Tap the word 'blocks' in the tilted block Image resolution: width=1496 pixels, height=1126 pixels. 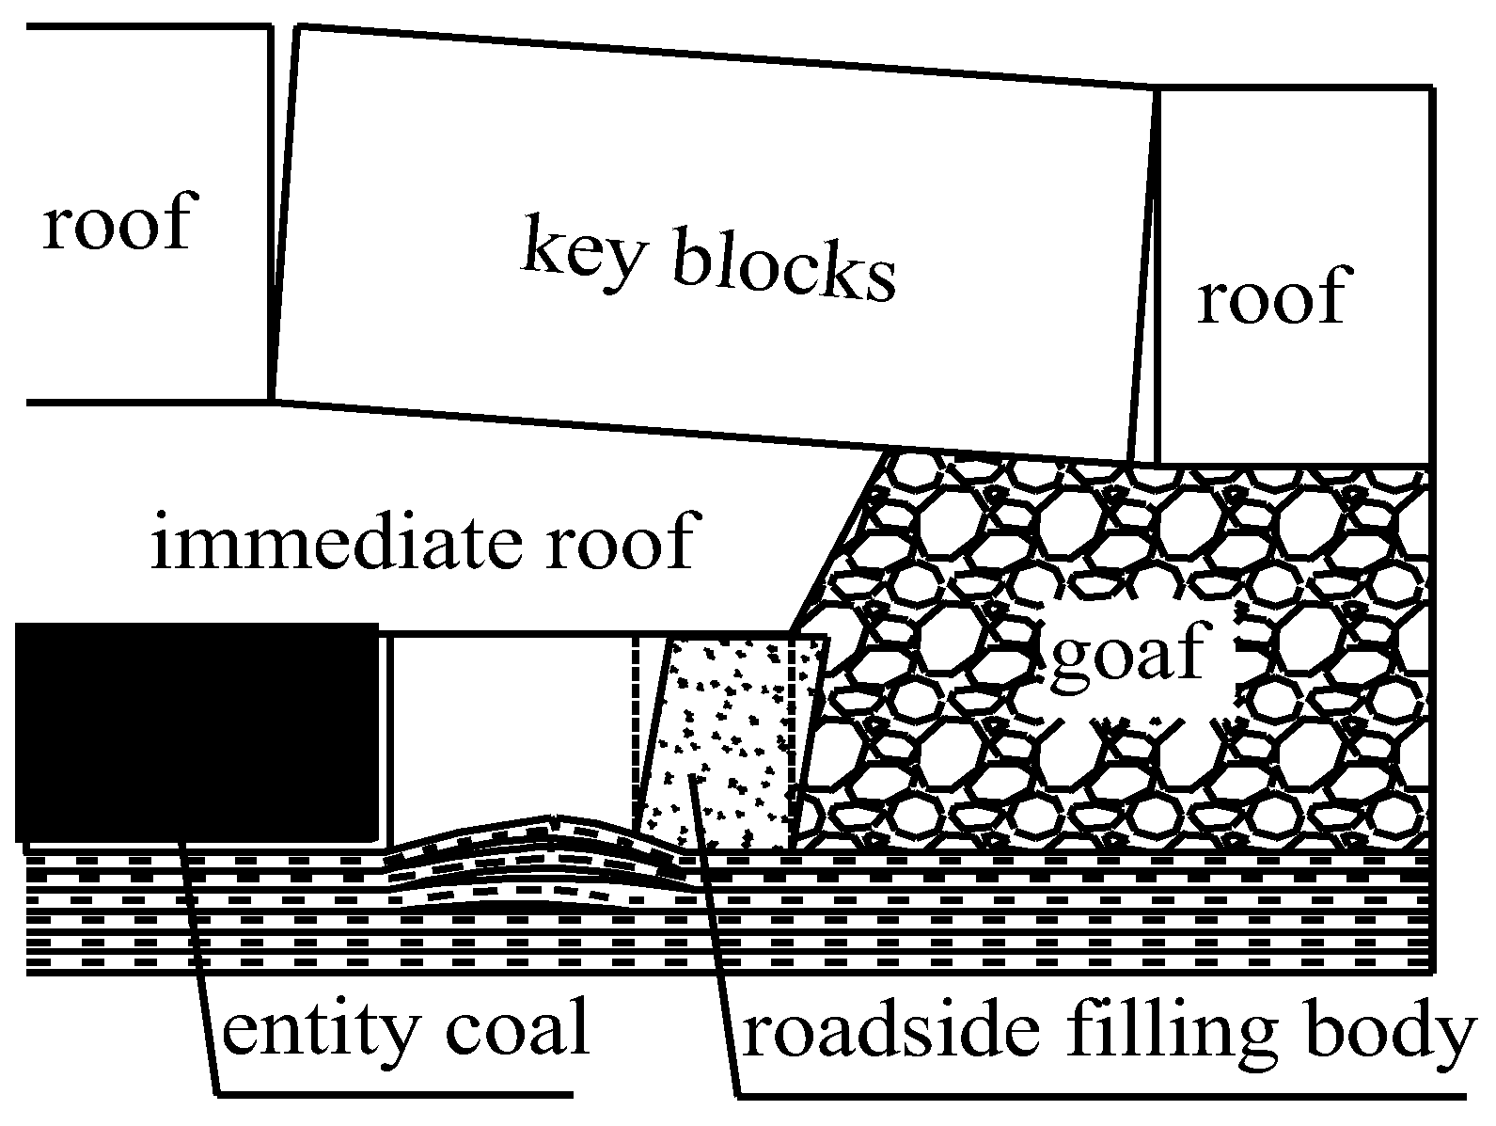click(x=784, y=271)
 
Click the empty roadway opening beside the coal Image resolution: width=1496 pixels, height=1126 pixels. click(x=508, y=724)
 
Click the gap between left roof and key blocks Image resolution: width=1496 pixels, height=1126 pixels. click(x=277, y=216)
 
